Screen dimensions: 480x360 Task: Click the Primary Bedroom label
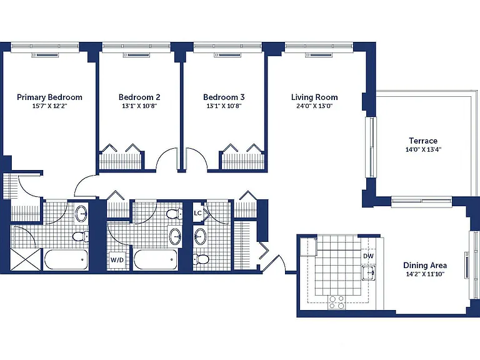(49, 97)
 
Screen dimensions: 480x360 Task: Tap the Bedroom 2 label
(139, 97)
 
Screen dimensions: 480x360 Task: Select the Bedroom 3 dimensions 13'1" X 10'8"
(224, 106)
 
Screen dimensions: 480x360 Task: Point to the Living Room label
(314, 97)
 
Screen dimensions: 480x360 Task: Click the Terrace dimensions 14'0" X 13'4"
(423, 150)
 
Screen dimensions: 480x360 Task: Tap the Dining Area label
(425, 266)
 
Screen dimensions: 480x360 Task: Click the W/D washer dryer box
(117, 260)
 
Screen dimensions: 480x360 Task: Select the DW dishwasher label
(369, 256)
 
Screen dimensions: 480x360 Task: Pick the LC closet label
(197, 212)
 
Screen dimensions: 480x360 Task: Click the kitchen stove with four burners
(336, 302)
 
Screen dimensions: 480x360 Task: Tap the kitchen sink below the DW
(368, 272)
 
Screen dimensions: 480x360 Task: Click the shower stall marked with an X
(26, 259)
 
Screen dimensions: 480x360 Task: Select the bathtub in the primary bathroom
(66, 259)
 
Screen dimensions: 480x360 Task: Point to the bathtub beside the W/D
(156, 259)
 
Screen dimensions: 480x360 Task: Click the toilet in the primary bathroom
(81, 236)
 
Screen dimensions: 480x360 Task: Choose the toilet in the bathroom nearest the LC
(201, 259)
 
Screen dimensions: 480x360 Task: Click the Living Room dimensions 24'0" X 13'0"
(314, 106)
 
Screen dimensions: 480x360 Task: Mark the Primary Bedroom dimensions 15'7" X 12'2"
(49, 106)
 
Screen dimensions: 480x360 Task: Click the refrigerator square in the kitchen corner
(308, 246)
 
